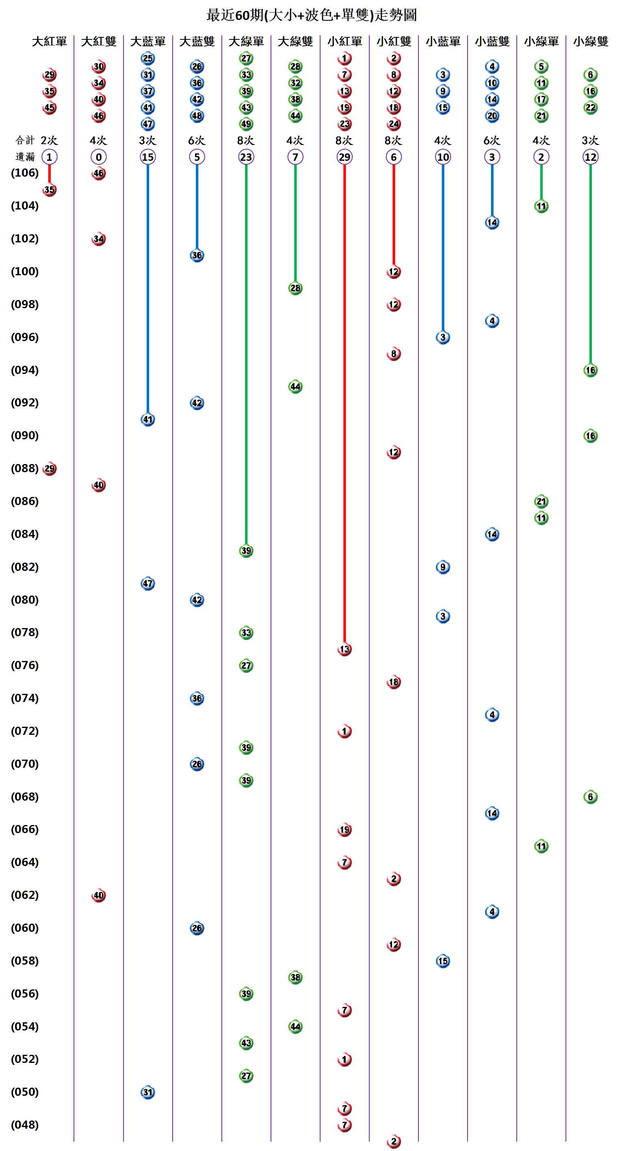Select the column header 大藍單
tap(147, 41)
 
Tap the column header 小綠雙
tap(590, 41)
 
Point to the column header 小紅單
tap(344, 41)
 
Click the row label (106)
tap(25, 173)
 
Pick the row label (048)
tap(25, 1125)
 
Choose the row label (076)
tap(25, 665)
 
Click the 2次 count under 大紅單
tap(49, 141)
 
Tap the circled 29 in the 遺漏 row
tap(344, 157)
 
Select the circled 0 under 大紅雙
tap(98, 157)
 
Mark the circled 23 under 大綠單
tap(246, 157)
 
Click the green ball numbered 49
tap(246, 124)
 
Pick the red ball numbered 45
tap(49, 108)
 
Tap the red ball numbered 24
tap(393, 124)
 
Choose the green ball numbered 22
tap(590, 108)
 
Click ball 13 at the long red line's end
tap(344, 649)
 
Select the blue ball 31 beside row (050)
tap(147, 1093)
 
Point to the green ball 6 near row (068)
tap(590, 797)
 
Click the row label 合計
tap(25, 141)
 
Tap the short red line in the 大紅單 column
tap(49, 174)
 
